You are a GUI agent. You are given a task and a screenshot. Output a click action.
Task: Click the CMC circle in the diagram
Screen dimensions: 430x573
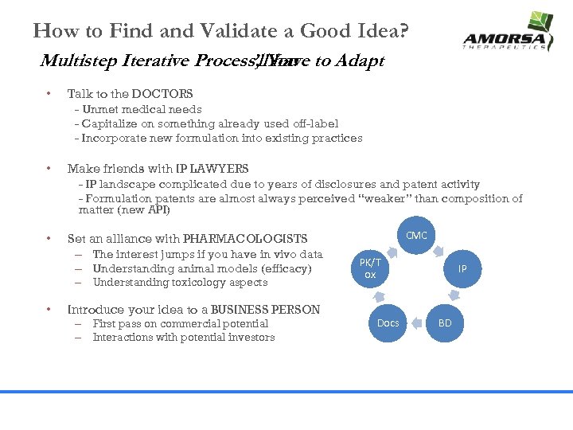(416, 235)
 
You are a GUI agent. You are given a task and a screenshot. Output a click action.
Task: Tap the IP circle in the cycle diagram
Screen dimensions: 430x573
(462, 269)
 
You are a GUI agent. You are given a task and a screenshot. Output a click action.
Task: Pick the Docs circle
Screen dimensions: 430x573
(388, 322)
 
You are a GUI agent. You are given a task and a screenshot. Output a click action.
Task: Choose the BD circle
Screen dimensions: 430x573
(445, 322)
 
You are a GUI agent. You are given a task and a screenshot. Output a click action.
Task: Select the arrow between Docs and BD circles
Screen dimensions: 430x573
(416, 326)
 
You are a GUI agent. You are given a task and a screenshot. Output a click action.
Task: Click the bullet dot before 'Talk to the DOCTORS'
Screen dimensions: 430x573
(49, 94)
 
